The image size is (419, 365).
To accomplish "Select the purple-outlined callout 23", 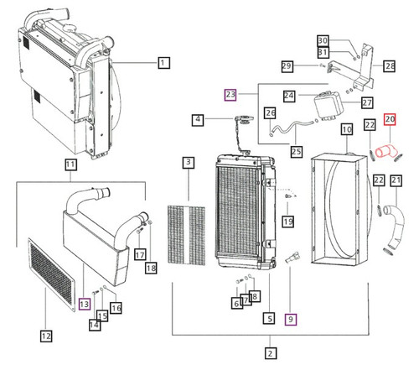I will coord(231,95).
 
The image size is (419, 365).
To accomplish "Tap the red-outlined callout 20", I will coord(390,120).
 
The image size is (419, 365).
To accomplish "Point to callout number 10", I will coord(345,129).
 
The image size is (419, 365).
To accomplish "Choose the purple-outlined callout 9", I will coord(291,319).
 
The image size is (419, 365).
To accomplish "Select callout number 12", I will coord(47,336).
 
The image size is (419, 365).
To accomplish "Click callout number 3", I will coord(189,161).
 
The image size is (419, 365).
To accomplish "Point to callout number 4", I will coord(199,120).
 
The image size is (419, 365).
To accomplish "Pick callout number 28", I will coord(389,65).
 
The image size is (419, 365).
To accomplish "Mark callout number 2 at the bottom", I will coord(270,352).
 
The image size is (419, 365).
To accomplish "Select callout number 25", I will coord(271,151).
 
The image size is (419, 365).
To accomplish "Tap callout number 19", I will coord(288,222).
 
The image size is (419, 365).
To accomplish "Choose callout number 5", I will coord(270,319).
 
